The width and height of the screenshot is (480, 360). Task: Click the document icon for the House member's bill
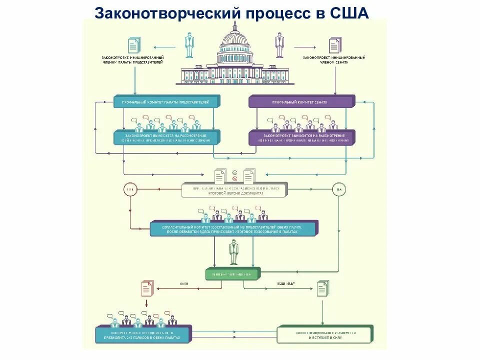(x=134, y=45)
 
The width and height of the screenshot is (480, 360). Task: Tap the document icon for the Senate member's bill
(x=334, y=45)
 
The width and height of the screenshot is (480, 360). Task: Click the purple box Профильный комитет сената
(x=300, y=101)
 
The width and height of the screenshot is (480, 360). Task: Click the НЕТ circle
(x=129, y=190)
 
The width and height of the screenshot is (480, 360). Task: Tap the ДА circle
(x=339, y=190)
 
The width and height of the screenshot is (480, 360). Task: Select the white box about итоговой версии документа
(x=234, y=190)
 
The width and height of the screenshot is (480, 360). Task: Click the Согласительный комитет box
(x=233, y=229)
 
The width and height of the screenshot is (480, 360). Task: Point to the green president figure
(x=233, y=252)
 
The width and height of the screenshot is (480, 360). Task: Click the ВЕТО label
(x=183, y=283)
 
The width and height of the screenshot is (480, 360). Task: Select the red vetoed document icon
(x=146, y=288)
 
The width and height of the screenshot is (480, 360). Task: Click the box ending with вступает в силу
(x=324, y=334)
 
